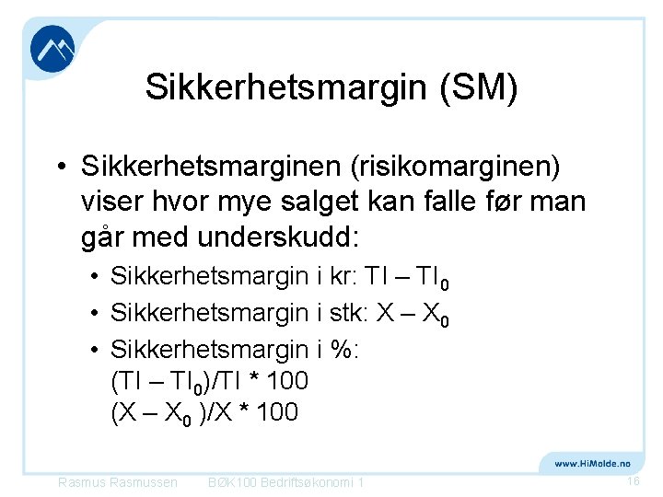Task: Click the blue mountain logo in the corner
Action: [52, 49]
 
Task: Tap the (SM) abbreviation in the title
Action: [479, 87]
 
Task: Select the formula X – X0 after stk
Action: [411, 314]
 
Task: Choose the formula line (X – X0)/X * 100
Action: [204, 412]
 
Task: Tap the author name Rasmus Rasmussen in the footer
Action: [117, 482]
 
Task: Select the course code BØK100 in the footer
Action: [232, 482]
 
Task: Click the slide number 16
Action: [633, 481]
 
